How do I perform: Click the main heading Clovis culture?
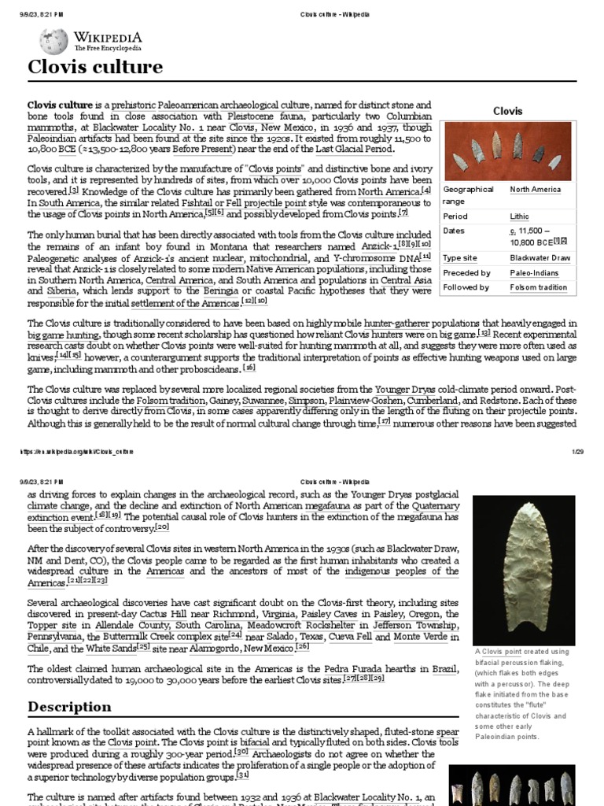(95, 68)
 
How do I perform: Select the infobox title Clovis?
(507, 111)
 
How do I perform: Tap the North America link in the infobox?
(535, 190)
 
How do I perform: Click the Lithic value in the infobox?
(519, 216)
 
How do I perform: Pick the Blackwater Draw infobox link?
(540, 257)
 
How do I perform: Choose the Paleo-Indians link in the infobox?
(535, 272)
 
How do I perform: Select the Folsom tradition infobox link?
(539, 287)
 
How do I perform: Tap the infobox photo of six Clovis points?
(507, 151)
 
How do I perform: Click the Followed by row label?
(466, 287)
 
